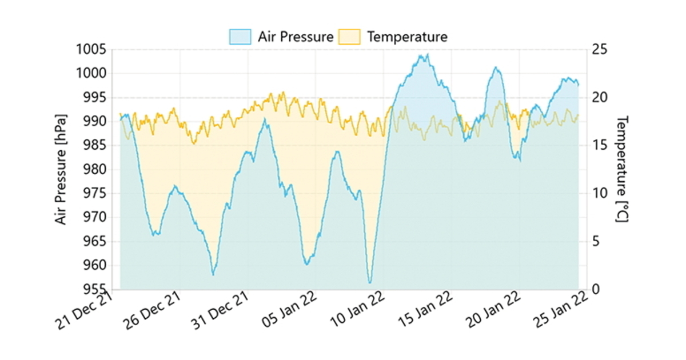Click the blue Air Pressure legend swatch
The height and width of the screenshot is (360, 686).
coord(240,37)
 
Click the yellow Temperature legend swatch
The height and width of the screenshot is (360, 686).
coord(349,37)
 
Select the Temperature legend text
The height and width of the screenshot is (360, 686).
coord(406,37)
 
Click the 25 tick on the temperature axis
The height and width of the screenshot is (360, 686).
coord(600,50)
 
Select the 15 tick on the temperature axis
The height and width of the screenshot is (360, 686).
coord(600,146)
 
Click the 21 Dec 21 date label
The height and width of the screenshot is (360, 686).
coord(85,311)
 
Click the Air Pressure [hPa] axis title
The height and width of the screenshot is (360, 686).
coord(61,170)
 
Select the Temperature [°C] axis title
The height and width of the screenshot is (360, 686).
coord(623,169)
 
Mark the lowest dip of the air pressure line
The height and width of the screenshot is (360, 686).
coord(370,282)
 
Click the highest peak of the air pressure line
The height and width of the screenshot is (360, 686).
coord(427,55)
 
